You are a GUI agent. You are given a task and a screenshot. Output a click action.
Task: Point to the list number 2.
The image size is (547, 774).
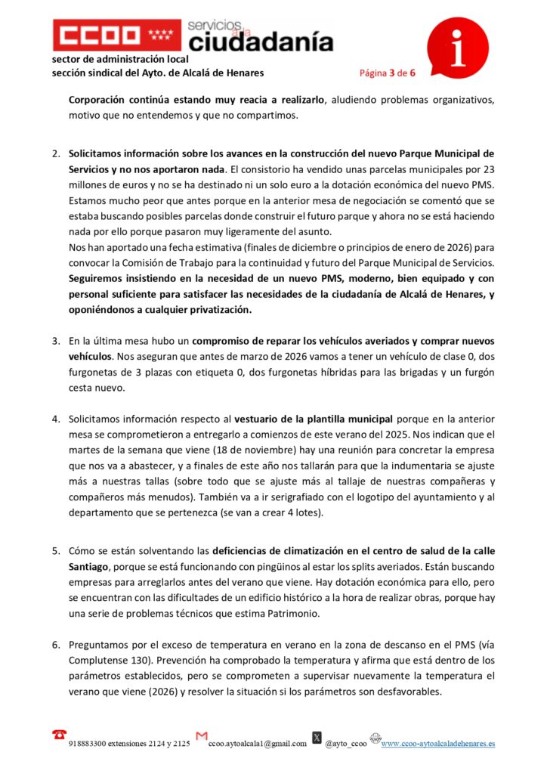(56, 153)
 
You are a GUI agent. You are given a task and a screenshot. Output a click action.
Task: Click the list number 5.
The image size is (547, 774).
(56, 550)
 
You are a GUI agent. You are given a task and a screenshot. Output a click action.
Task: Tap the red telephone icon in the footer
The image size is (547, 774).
(58, 735)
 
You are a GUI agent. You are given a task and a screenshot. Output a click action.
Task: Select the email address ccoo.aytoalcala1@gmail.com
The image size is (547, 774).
(258, 744)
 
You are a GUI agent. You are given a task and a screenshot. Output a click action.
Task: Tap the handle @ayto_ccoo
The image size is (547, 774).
(345, 744)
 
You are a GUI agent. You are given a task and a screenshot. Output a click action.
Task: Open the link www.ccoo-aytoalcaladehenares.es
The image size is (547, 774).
(438, 744)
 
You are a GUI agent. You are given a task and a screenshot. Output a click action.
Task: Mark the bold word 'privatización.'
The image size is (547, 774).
(210, 310)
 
